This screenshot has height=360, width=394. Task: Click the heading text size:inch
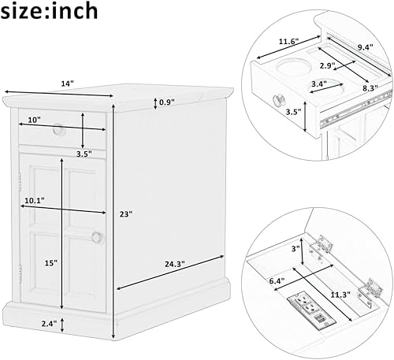[50, 11]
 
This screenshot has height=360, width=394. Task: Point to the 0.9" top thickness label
[165, 102]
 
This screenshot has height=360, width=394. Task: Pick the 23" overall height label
[125, 213]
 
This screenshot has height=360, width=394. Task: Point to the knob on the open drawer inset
[277, 100]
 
